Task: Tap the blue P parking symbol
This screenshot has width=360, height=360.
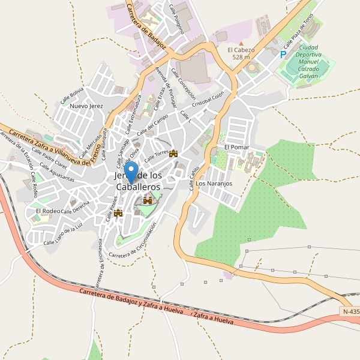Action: [x=283, y=55]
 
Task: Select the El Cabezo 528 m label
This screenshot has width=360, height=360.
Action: [x=241, y=53]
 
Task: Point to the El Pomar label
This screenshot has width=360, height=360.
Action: [x=236, y=147]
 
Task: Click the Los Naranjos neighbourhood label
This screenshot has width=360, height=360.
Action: [x=214, y=183]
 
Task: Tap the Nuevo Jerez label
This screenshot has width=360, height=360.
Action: [x=87, y=106]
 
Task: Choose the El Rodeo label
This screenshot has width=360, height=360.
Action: [x=48, y=211]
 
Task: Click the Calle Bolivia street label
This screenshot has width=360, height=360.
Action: [x=72, y=95]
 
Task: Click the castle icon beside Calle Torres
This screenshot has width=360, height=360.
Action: [x=174, y=154]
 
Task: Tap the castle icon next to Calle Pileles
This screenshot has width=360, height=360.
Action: [x=118, y=212]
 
